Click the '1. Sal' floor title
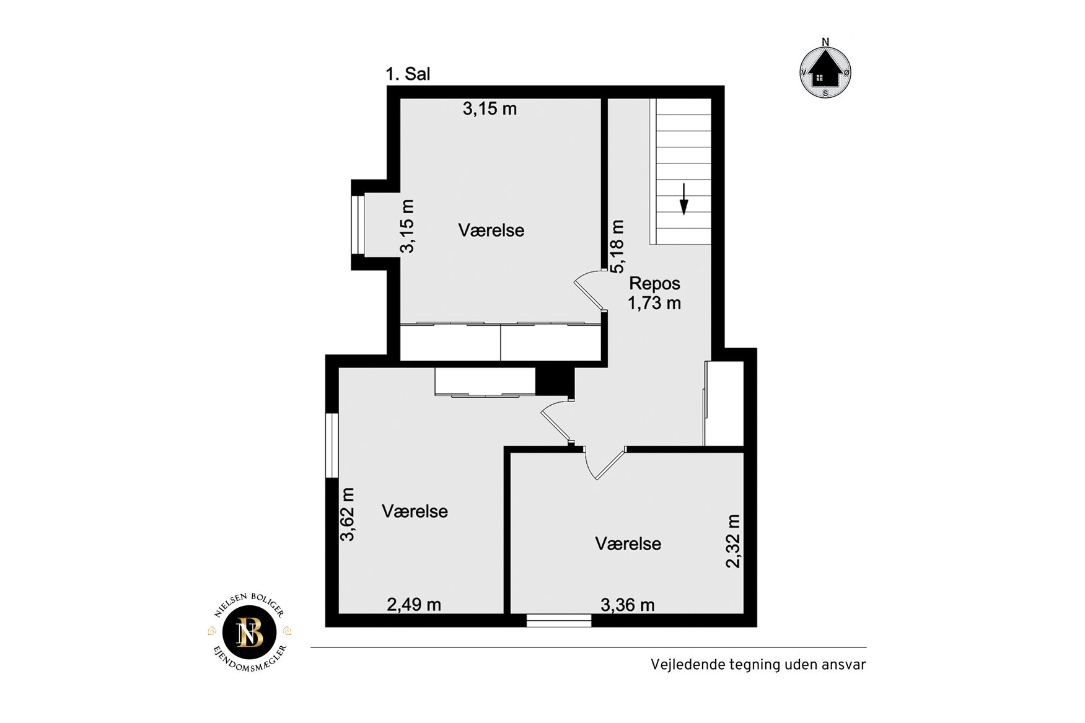408,74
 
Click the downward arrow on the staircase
683,199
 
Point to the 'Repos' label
654,284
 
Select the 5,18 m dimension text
617,247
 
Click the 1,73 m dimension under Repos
654,304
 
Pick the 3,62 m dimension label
348,514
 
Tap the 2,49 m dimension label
414,604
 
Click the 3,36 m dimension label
627,605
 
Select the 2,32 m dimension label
733,541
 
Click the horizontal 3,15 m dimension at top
490,109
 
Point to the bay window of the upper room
358,225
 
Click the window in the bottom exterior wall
559,620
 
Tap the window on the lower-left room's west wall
332,445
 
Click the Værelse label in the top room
491,230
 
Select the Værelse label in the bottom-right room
628,544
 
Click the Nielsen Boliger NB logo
250,633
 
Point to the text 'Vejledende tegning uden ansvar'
758,665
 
